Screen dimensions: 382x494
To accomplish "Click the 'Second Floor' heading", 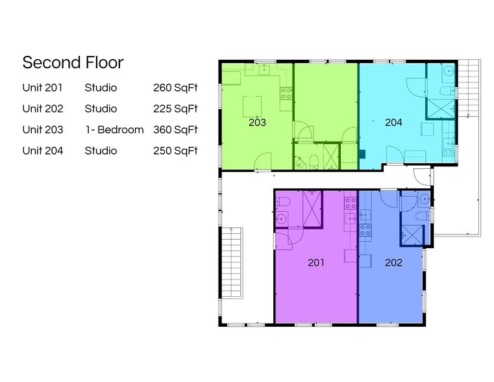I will click(73, 62).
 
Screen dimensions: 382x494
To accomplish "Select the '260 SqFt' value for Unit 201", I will click(175, 88).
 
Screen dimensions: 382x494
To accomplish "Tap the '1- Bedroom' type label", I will click(114, 130).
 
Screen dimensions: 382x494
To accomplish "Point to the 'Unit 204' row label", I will click(42, 151).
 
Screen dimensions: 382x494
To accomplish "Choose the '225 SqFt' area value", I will click(175, 108).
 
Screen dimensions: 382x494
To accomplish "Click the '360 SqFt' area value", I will click(175, 130).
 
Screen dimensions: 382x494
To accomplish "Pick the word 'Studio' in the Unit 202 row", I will click(101, 108).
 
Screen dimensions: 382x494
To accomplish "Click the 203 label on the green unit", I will click(257, 122).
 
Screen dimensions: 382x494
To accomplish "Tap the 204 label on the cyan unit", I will click(393, 122).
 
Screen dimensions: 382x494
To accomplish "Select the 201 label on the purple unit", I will click(315, 262).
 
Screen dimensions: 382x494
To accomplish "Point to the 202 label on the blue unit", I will click(393, 262).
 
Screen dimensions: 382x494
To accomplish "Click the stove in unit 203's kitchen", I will click(286, 92).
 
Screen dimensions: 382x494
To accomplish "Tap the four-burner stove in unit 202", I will click(365, 229).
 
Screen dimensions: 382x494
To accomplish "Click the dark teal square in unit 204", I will click(362, 154).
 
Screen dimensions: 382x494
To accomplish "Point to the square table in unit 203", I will click(252, 105).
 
